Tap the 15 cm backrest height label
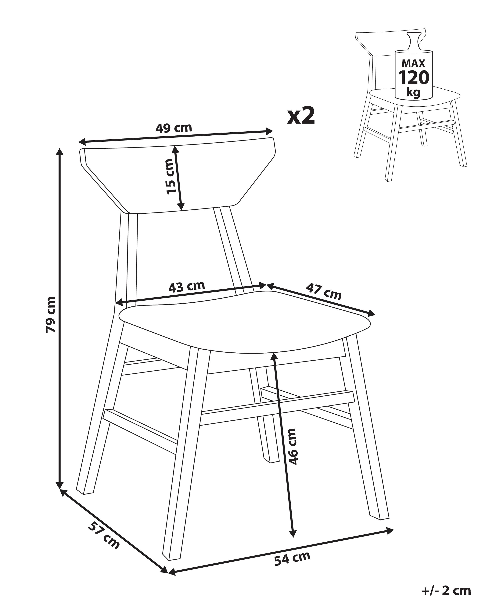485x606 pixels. click(x=170, y=176)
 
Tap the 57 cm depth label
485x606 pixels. click(x=104, y=535)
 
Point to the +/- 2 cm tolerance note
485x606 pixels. click(x=446, y=590)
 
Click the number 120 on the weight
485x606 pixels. click(x=414, y=78)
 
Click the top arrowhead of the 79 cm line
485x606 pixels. click(x=59, y=151)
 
